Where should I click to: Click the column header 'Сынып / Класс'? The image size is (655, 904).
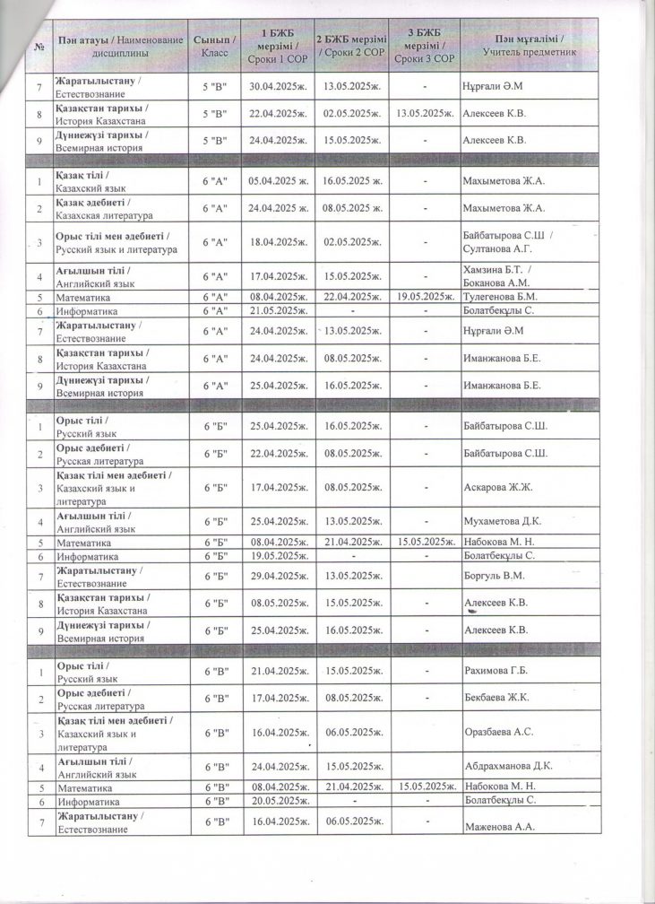pyautogui.click(x=215, y=47)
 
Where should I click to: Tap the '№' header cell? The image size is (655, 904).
pyautogui.click(x=39, y=47)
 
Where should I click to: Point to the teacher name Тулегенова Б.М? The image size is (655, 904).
pyautogui.click(x=499, y=295)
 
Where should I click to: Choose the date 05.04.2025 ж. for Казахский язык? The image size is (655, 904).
pyautogui.click(x=278, y=180)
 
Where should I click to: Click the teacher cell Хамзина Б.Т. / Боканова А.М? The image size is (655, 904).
pyautogui.click(x=503, y=276)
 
